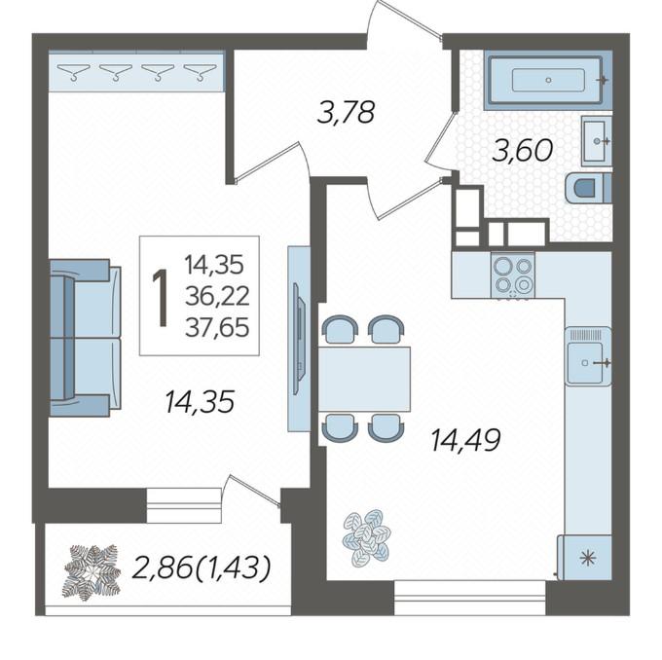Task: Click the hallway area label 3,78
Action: (x=346, y=113)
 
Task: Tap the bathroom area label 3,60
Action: (x=522, y=150)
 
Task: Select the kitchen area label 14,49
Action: (x=465, y=440)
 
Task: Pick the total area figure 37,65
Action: (x=217, y=328)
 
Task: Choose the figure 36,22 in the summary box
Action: (x=217, y=297)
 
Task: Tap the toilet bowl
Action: (x=588, y=188)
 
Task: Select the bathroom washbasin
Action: (x=596, y=141)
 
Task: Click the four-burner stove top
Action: (x=513, y=275)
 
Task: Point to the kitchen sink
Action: (x=588, y=357)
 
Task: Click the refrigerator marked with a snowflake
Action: (x=585, y=558)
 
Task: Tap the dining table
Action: (x=364, y=379)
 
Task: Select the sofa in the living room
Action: (x=86, y=338)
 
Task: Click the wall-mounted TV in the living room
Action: (x=298, y=340)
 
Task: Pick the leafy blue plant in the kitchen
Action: (x=366, y=537)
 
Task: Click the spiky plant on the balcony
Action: (x=92, y=571)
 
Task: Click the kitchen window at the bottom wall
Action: (x=469, y=597)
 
